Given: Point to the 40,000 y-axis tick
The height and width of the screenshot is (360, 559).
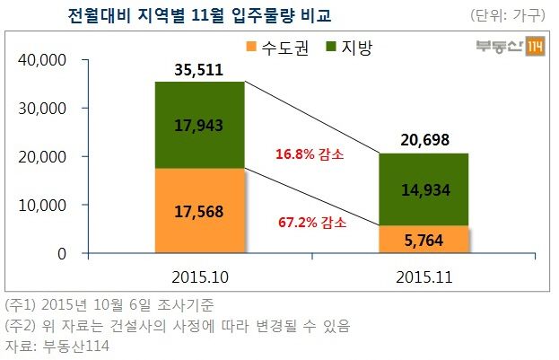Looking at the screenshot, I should pyautogui.click(x=44, y=60).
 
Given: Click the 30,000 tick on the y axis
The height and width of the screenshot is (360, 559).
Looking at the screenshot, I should pyautogui.click(x=44, y=109).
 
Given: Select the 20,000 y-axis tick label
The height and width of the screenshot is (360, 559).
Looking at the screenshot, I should pyautogui.click(x=44, y=157).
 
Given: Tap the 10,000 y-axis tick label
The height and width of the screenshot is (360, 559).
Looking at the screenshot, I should pyautogui.click(x=44, y=206).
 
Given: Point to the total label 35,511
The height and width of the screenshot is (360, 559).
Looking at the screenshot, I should pyautogui.click(x=199, y=70).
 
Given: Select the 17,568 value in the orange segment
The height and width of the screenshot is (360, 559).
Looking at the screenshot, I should pyautogui.click(x=199, y=213).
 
